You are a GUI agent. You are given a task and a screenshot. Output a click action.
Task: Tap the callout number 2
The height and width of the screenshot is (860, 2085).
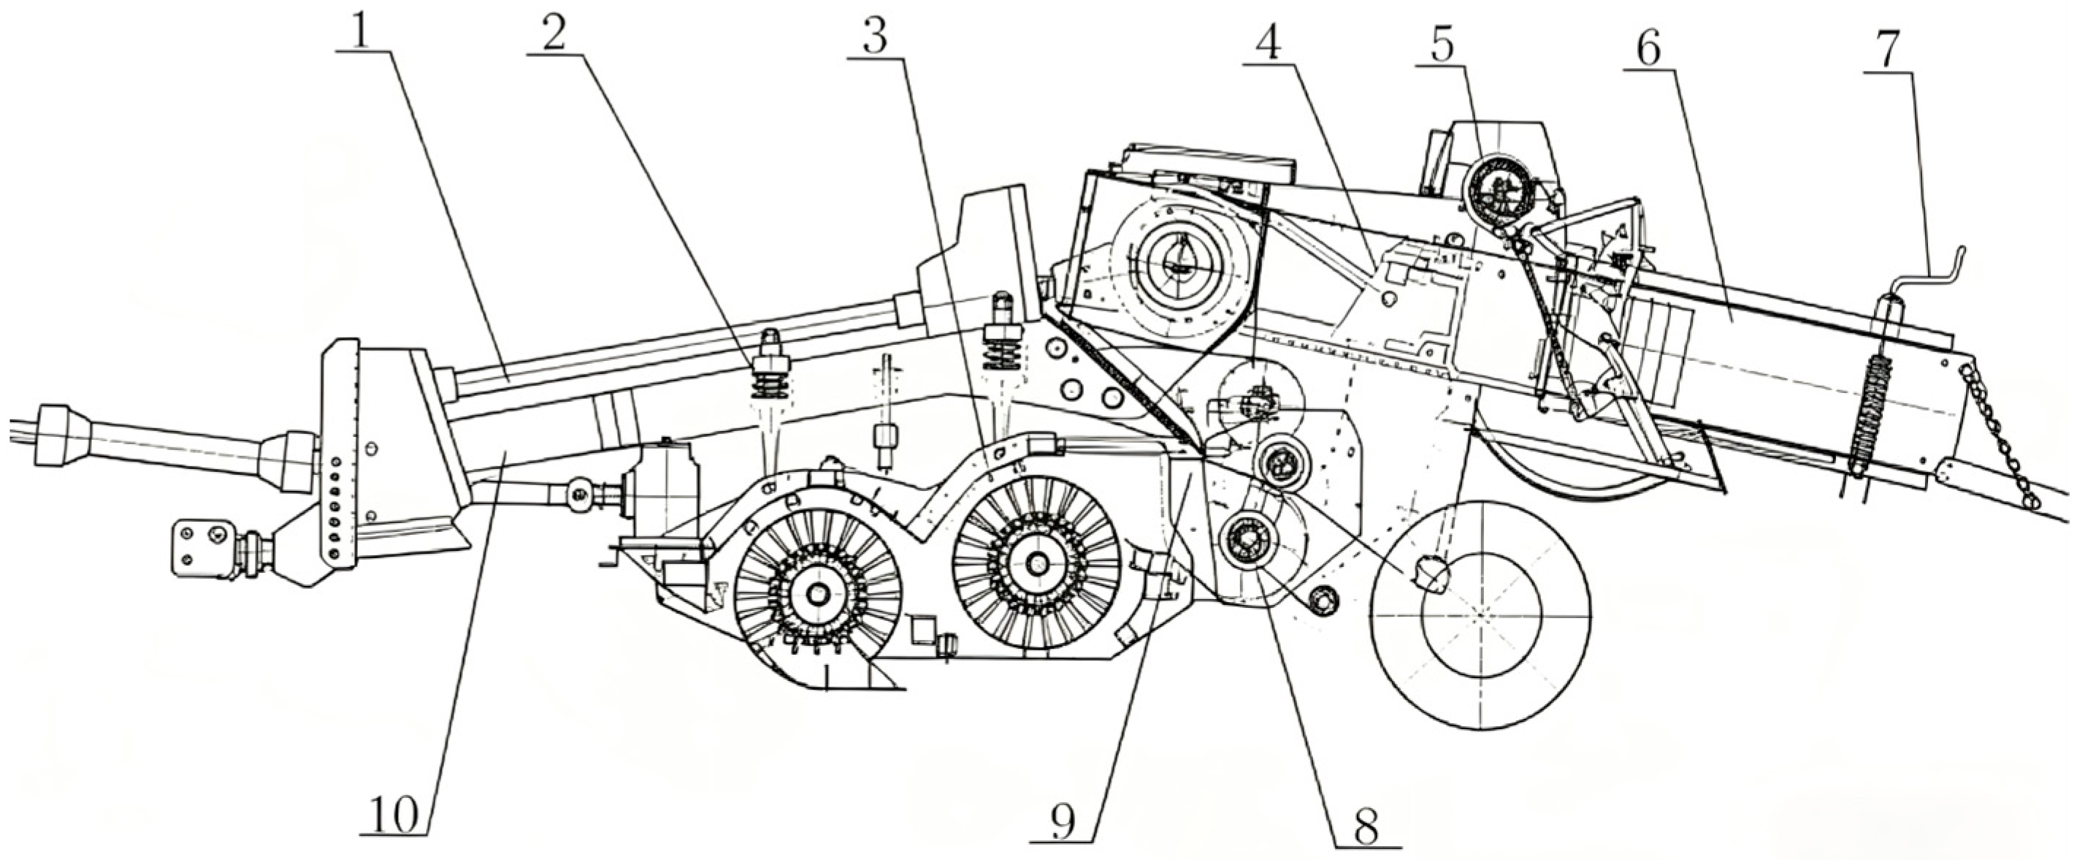(554, 29)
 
